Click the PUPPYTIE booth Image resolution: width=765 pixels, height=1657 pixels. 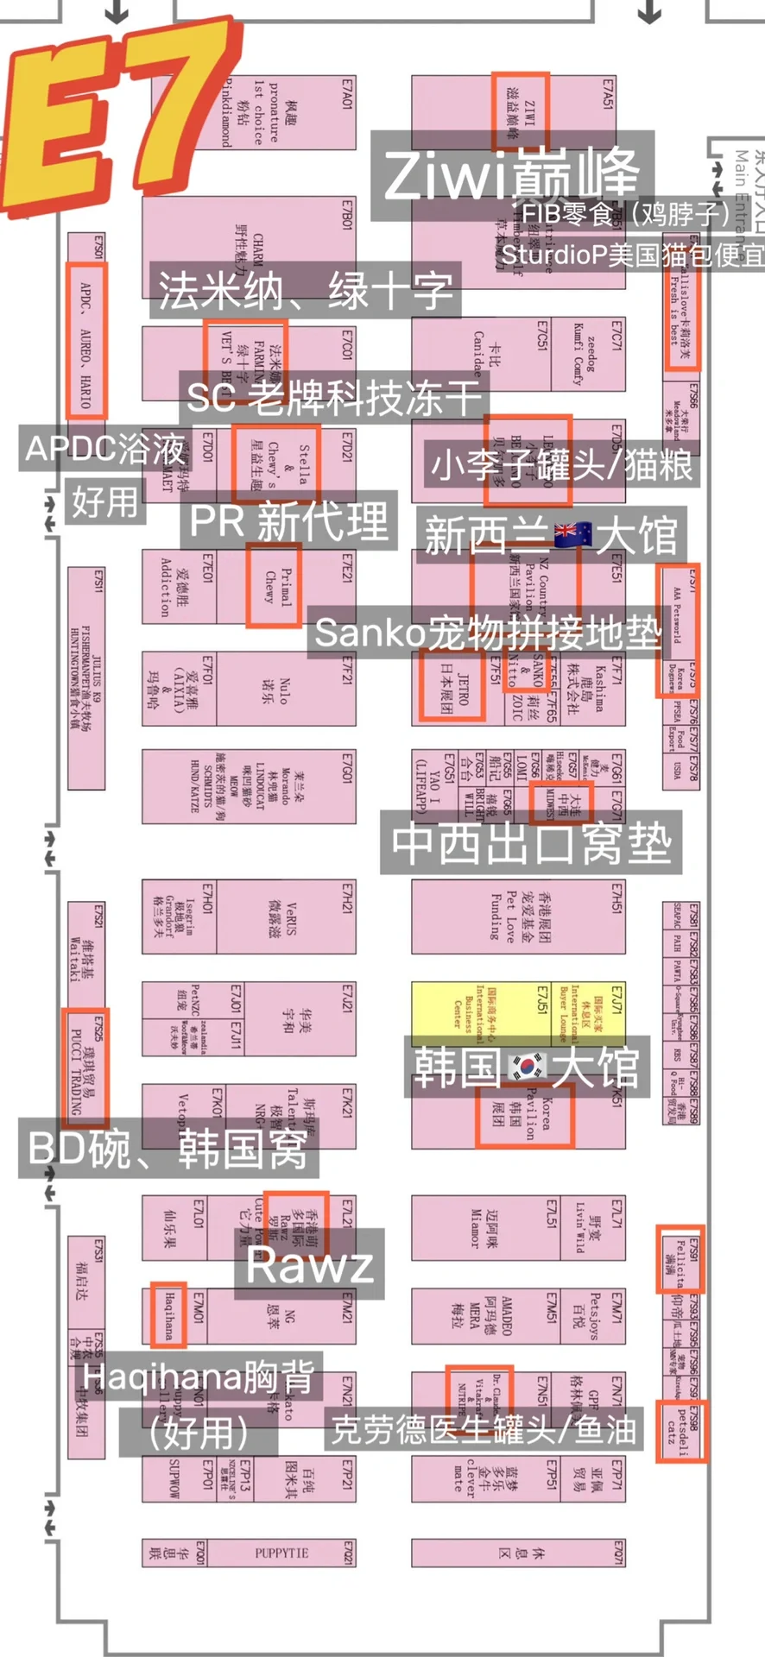[x=281, y=1553]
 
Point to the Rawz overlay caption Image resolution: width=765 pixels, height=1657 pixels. [x=309, y=1266]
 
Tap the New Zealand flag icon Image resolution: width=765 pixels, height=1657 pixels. [x=572, y=535]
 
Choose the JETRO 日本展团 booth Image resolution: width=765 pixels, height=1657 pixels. [x=452, y=685]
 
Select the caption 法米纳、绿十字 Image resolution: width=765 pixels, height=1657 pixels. [x=305, y=290]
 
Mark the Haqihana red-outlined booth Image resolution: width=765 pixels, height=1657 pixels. [x=168, y=1314]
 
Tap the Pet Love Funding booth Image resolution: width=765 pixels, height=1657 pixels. [x=518, y=917]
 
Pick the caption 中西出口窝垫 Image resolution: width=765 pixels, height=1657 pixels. [x=531, y=842]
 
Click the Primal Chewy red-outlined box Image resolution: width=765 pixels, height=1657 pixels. [x=274, y=585]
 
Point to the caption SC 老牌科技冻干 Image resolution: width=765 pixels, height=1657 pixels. [x=333, y=397]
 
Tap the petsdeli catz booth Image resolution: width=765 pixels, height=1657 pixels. [x=681, y=1430]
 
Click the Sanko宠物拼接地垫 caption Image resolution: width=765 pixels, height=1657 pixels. [x=488, y=633]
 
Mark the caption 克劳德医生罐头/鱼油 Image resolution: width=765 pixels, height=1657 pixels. [x=484, y=1430]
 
